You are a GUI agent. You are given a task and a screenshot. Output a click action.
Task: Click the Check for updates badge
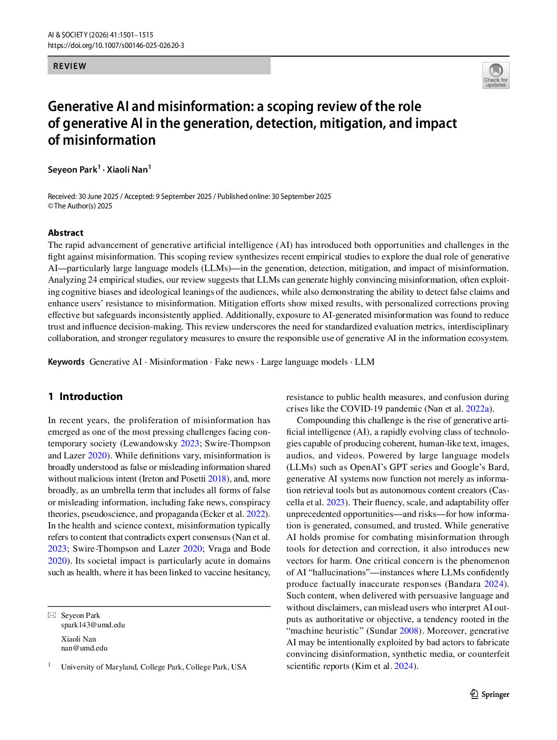(x=495, y=75)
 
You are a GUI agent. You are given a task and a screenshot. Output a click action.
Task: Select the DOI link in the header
(x=116, y=45)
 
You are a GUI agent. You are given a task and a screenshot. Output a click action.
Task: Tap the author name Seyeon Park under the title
(x=73, y=169)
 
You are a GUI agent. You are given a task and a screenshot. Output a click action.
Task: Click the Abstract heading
(x=65, y=233)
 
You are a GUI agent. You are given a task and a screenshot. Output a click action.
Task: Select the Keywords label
(x=66, y=362)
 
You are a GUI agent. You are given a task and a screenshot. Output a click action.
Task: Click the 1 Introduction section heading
(x=85, y=396)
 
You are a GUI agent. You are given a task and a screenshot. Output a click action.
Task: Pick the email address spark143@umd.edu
(x=93, y=625)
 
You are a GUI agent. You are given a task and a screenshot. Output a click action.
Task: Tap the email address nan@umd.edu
(x=84, y=648)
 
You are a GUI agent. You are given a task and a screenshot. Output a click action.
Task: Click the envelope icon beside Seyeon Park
(x=52, y=615)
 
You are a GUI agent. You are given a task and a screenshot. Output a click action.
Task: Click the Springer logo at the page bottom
(x=490, y=694)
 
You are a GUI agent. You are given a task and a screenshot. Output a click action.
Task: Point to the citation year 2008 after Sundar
(x=409, y=631)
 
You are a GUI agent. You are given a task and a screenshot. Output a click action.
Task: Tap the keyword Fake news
(x=234, y=362)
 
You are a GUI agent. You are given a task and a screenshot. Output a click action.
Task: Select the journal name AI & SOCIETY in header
(x=71, y=35)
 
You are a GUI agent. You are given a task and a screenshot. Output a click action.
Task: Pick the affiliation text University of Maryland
(x=100, y=667)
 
